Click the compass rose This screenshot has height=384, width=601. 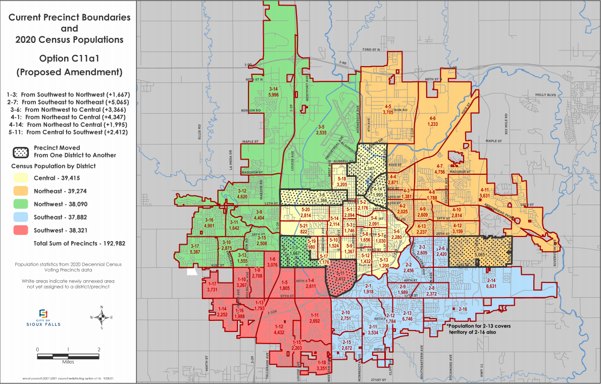[x=102, y=317]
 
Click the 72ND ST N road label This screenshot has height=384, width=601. [x=371, y=50]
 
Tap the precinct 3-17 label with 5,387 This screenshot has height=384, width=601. [x=195, y=249]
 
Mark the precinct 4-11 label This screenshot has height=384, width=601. [x=484, y=193]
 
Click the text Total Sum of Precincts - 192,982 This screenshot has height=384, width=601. [x=79, y=243]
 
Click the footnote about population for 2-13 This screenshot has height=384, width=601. [x=479, y=328]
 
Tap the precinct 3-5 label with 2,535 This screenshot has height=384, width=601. [x=321, y=130]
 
